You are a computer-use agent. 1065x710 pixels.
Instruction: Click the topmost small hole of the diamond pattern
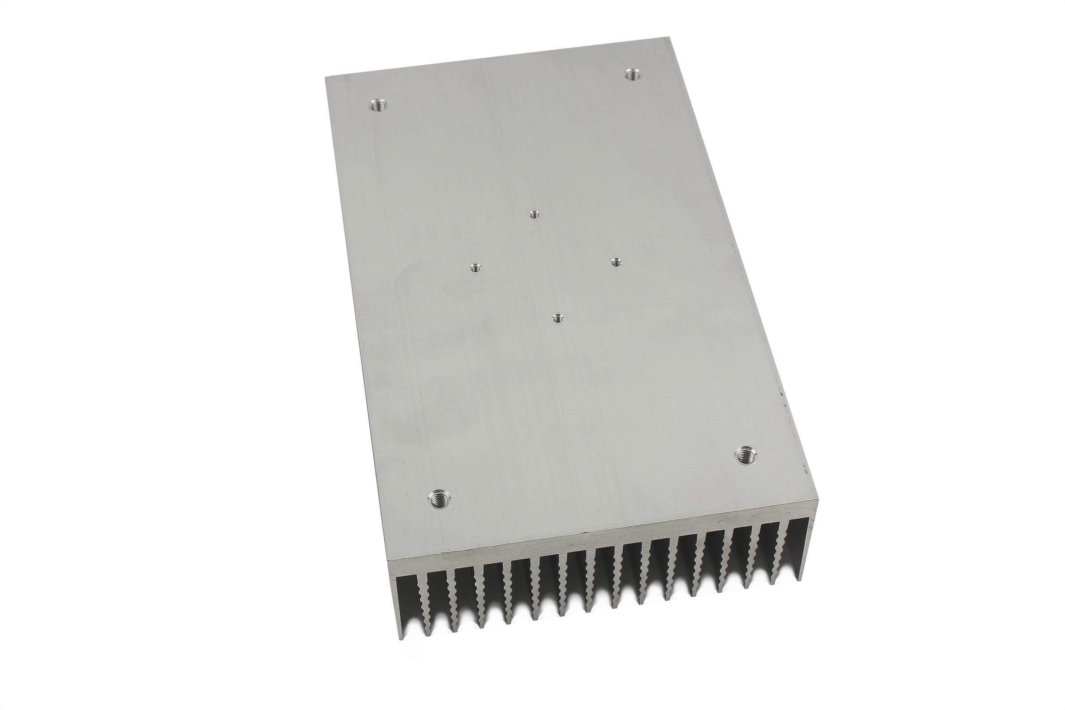pyautogui.click(x=535, y=214)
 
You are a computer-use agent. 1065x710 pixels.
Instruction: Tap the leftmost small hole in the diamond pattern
pyautogui.click(x=474, y=268)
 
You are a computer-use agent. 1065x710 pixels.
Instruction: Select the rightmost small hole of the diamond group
pyautogui.click(x=616, y=262)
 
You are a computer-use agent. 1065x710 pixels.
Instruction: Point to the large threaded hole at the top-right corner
pyautogui.click(x=631, y=74)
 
